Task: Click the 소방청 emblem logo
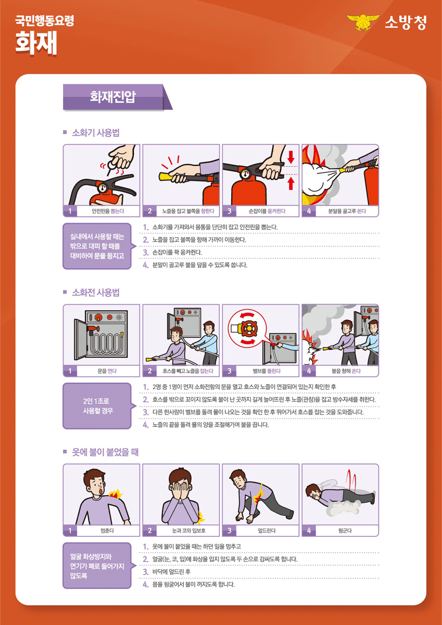point(362,23)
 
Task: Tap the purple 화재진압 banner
point(113,97)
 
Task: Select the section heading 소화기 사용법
point(95,132)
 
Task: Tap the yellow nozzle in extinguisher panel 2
point(167,173)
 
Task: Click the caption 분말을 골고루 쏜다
point(346,211)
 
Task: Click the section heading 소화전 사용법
point(95,293)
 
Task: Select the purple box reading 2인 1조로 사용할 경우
point(97,406)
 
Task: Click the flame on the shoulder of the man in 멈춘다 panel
point(115,495)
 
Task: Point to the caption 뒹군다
point(345,531)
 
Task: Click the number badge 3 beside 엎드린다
point(229,531)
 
